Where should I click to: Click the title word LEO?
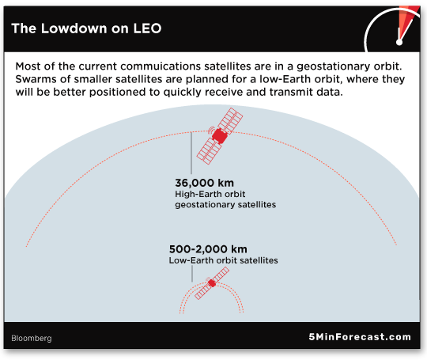147,28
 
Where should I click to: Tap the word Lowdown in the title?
74,28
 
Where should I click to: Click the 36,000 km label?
205,183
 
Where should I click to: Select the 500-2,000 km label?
208,249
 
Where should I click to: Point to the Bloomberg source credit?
32,338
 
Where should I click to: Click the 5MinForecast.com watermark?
360,337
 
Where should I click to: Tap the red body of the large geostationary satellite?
220,136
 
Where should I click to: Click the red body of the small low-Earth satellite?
212,283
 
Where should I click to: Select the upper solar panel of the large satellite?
230,120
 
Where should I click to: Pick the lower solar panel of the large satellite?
209,151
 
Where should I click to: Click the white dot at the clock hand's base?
399,42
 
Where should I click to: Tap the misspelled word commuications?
158,66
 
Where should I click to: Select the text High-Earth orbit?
210,194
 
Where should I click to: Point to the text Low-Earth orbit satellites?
223,260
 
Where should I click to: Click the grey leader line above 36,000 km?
191,153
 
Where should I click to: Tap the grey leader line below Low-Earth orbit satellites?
192,274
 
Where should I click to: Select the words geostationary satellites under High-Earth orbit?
225,205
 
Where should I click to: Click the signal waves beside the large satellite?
211,130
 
